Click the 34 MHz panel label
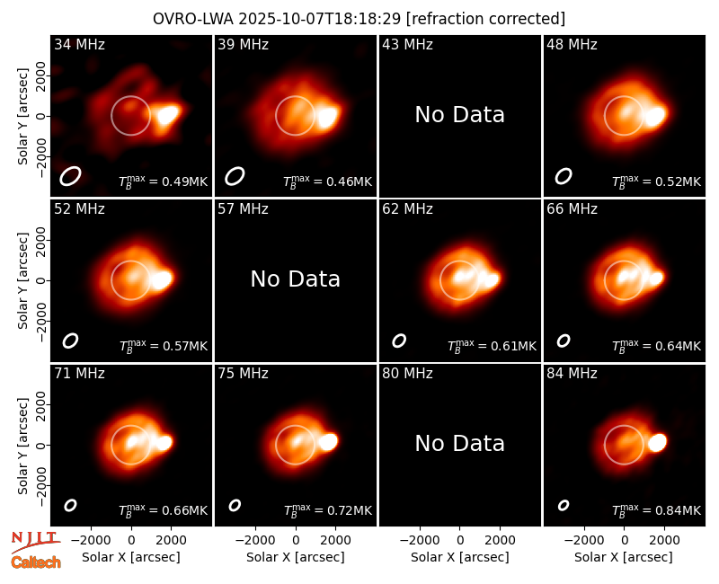(79, 44)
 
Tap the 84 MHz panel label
(572, 374)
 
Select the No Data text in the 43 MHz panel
(459, 115)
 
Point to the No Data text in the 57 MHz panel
(296, 279)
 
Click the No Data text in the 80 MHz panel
(459, 444)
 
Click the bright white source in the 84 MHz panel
(658, 442)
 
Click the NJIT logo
(36, 540)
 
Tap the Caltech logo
(36, 562)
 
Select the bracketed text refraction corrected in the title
(485, 19)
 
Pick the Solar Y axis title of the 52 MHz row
(22, 280)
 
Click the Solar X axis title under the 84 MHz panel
(624, 557)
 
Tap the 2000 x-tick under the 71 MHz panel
(171, 541)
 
